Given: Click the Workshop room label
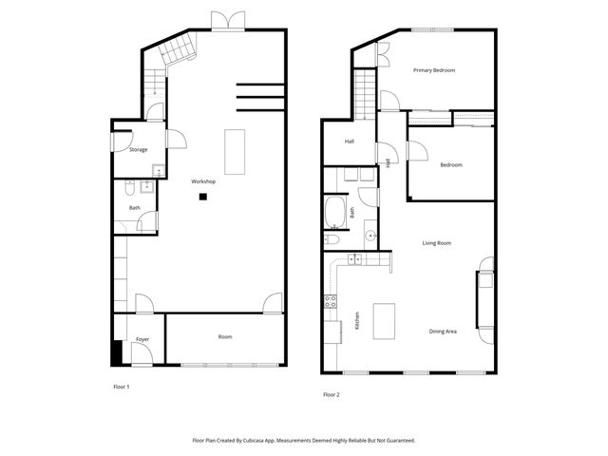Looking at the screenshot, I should [x=203, y=181].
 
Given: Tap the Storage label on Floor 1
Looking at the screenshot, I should [x=138, y=150].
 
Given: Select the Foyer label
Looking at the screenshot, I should [x=142, y=338].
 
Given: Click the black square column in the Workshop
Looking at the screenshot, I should [x=202, y=198].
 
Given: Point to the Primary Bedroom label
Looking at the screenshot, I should [x=435, y=70].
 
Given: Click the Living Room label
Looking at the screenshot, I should [x=436, y=243].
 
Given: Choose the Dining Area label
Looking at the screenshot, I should [x=443, y=331].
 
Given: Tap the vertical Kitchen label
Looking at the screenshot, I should [x=357, y=321].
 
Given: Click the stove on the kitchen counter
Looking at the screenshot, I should [x=331, y=303].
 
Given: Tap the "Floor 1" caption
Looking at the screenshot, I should [x=121, y=388].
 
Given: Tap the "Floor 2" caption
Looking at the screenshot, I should [x=331, y=394].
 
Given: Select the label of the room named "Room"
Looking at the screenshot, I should [x=225, y=336].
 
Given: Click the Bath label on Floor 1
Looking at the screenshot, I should [x=135, y=207].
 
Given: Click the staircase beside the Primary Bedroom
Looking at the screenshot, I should [x=366, y=90].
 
